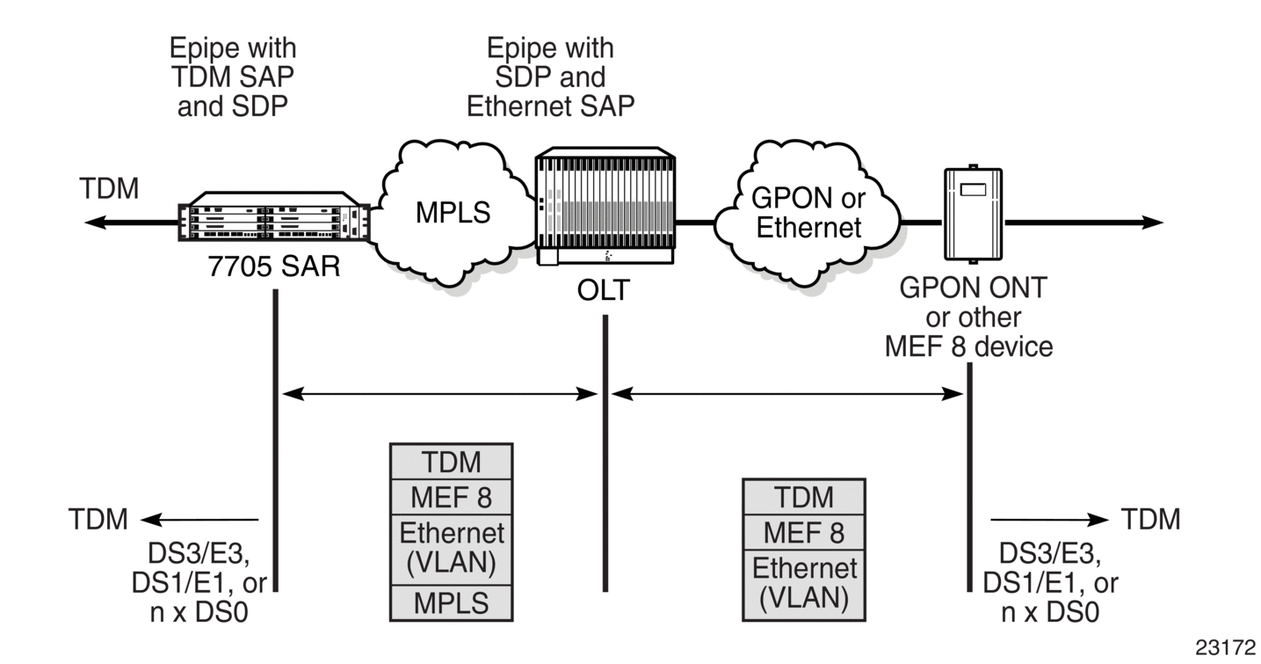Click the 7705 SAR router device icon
(274, 217)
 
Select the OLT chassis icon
(605, 206)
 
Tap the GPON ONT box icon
(973, 214)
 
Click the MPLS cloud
(455, 213)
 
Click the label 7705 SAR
(274, 266)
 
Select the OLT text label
(603, 290)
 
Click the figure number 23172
(1225, 647)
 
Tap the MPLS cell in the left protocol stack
(452, 603)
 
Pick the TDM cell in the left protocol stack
(452, 462)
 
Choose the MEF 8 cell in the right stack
(804, 532)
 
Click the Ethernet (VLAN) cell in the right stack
(804, 585)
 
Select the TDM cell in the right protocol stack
(804, 497)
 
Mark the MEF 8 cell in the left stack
(452, 497)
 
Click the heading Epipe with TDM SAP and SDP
(233, 77)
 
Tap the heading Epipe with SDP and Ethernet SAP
(551, 77)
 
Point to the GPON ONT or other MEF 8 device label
(969, 317)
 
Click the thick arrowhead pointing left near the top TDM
(95, 223)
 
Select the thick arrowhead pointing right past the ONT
(1152, 223)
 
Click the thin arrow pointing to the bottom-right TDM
(1049, 520)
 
